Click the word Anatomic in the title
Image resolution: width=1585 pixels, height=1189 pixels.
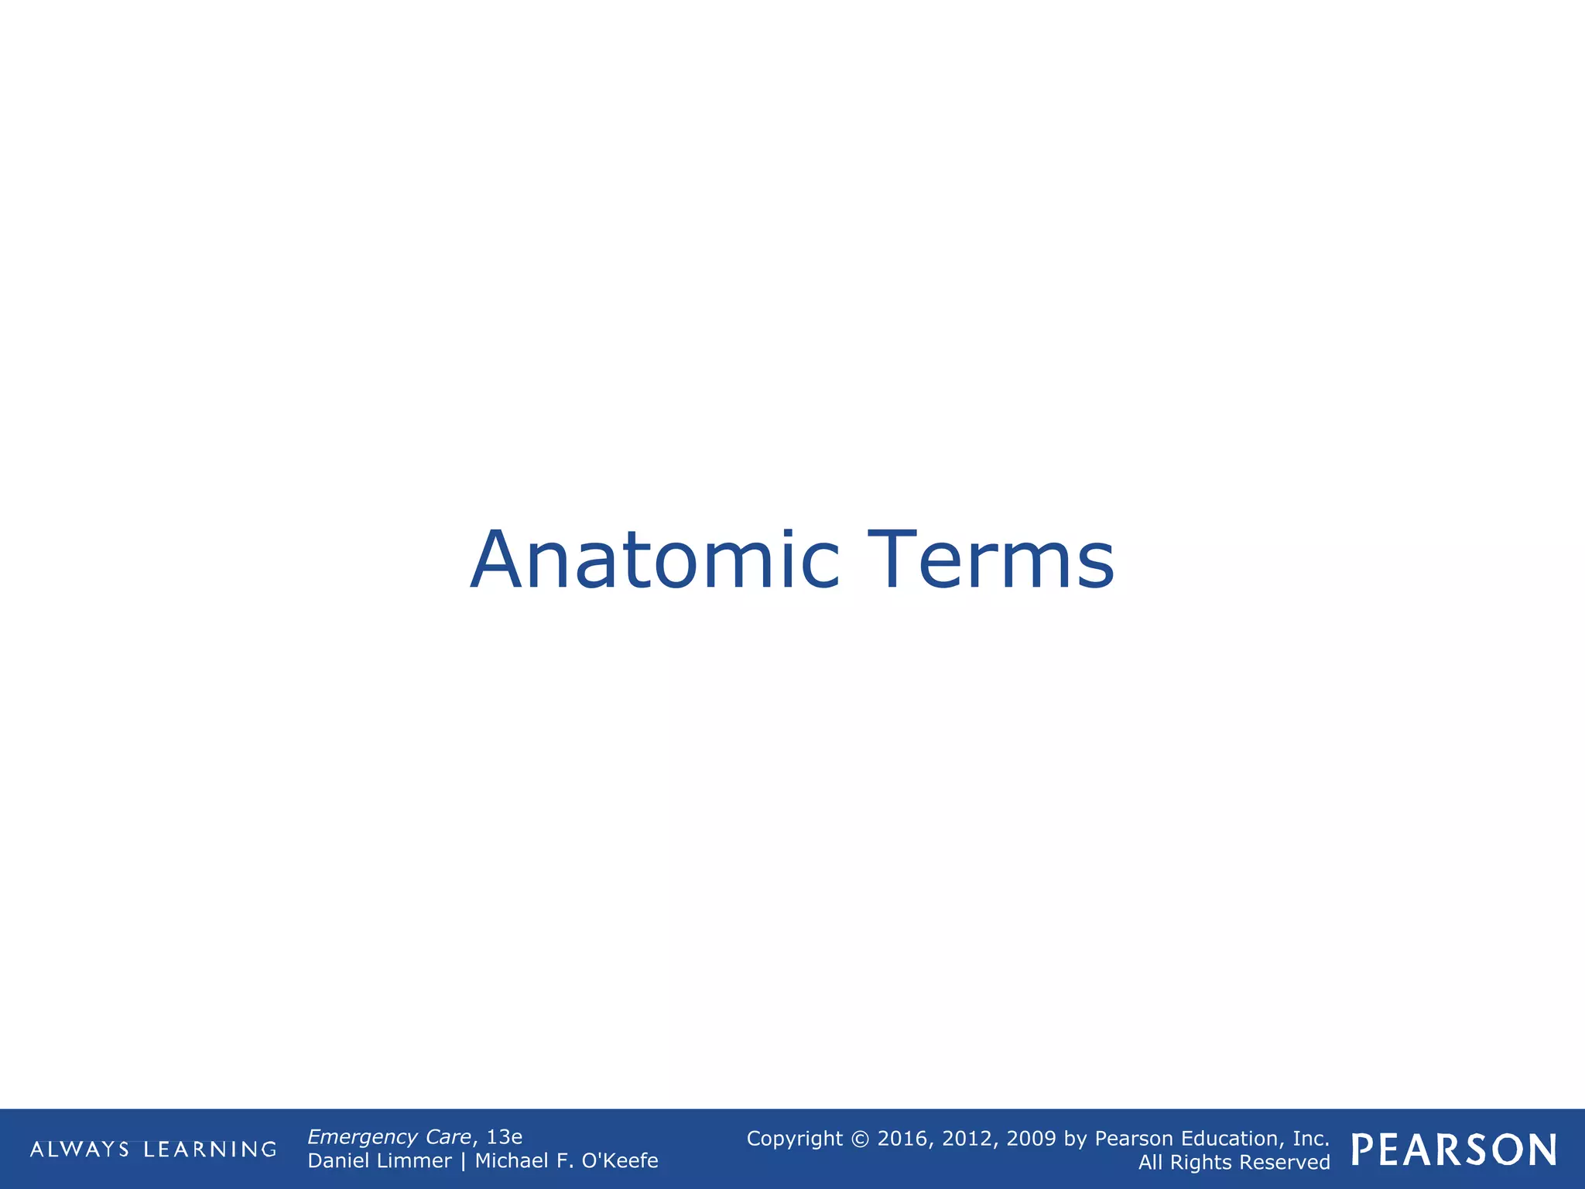pyautogui.click(x=655, y=560)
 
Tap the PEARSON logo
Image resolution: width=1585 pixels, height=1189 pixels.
pyautogui.click(x=1454, y=1150)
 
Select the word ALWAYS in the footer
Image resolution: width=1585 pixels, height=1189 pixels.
pyautogui.click(x=80, y=1150)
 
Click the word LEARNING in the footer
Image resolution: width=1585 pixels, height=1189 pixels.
pyautogui.click(x=210, y=1150)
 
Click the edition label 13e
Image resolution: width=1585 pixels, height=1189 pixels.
pyautogui.click(x=504, y=1137)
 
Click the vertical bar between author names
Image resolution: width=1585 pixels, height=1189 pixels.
pyautogui.click(x=463, y=1161)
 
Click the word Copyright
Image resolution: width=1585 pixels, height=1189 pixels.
pyautogui.click(x=794, y=1139)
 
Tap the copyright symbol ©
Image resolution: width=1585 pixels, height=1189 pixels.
pyautogui.click(x=860, y=1139)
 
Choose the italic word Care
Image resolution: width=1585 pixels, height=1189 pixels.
pyautogui.click(x=448, y=1137)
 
